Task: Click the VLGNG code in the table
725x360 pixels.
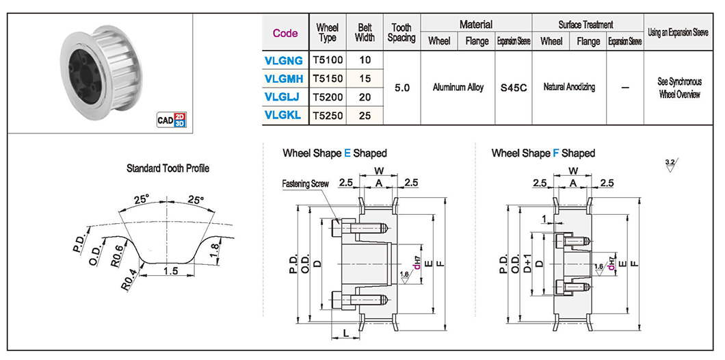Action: tap(283, 61)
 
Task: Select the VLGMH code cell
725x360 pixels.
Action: tap(283, 79)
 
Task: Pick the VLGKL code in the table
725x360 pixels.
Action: tap(283, 116)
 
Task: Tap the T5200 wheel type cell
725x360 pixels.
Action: tap(328, 97)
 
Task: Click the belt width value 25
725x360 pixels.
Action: tap(365, 116)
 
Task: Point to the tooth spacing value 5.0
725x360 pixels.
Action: tap(401, 88)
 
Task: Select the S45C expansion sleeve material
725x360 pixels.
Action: tap(514, 88)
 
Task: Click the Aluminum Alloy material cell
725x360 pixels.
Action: tap(458, 88)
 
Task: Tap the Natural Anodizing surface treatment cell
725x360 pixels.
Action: tap(569, 87)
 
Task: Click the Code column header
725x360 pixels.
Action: tap(285, 33)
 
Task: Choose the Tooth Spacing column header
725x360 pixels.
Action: tap(401, 33)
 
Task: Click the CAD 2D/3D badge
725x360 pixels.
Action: tap(171, 120)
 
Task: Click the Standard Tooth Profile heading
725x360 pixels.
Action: tap(168, 168)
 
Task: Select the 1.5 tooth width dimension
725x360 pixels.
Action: tap(171, 272)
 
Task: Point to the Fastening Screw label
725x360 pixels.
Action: tap(305, 183)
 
